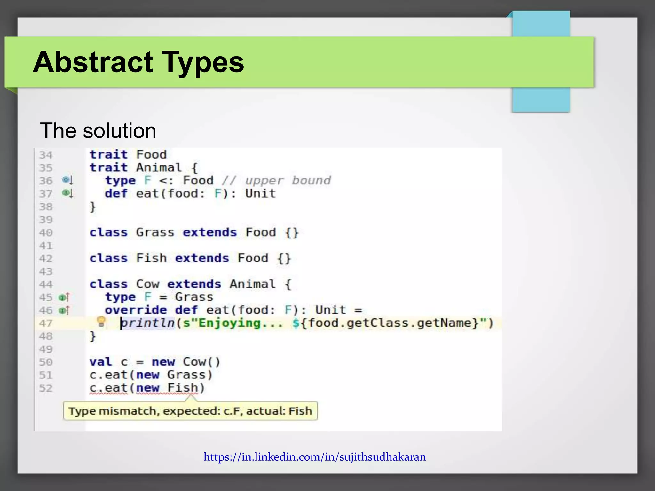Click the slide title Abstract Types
(x=138, y=62)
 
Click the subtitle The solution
(x=98, y=131)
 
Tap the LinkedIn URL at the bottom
(x=315, y=457)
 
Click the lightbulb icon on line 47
(x=101, y=322)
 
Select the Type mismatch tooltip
(x=190, y=411)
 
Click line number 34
(x=46, y=155)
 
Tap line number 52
(x=46, y=388)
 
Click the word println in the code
(x=148, y=323)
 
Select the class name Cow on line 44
(x=147, y=284)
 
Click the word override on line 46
(x=136, y=310)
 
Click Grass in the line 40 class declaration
(x=155, y=232)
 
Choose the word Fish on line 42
(x=151, y=258)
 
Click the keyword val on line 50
(x=100, y=362)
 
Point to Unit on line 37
(x=260, y=194)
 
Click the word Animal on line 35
(x=159, y=168)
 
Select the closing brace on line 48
(x=93, y=336)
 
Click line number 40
(x=46, y=233)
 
